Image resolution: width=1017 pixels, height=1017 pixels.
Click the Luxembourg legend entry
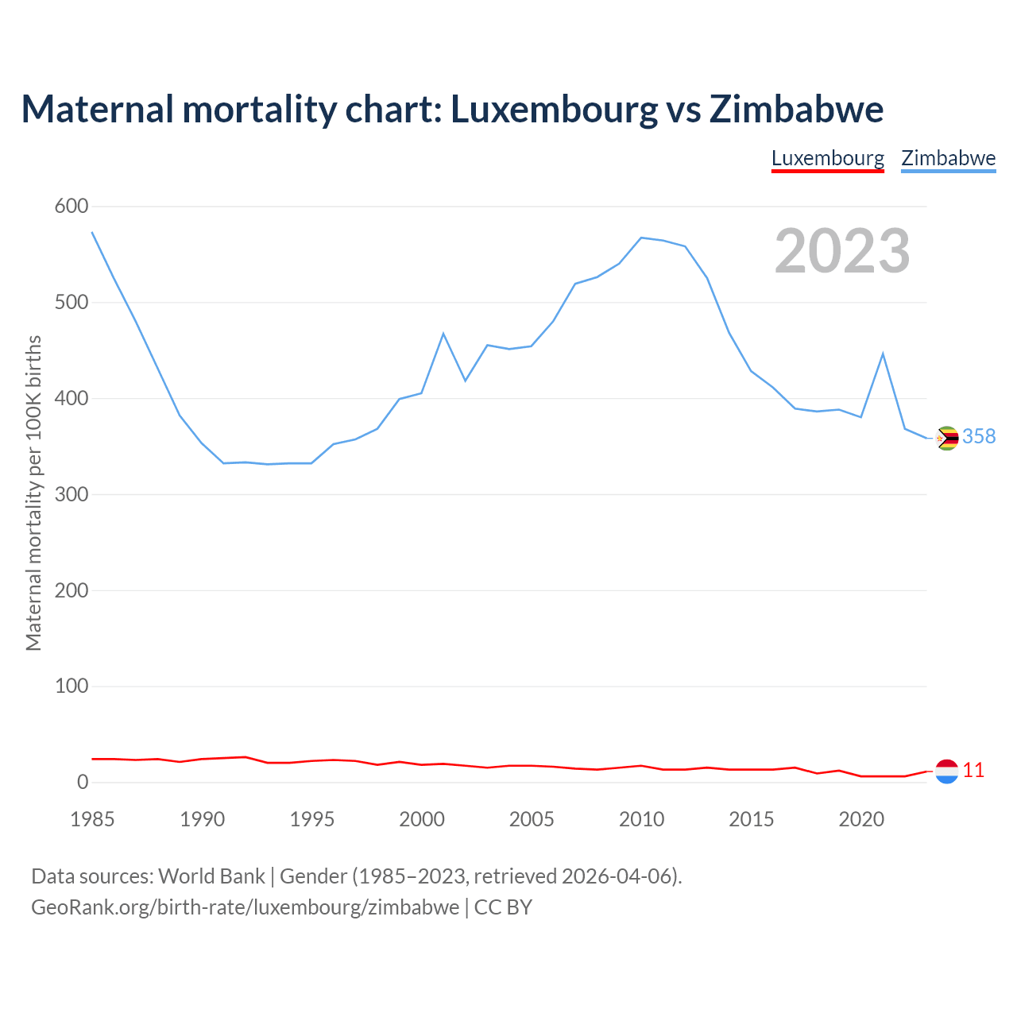pos(827,158)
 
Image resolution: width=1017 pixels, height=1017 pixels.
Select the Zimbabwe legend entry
pos(948,158)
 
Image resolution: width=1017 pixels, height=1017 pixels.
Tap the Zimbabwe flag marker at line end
pos(947,438)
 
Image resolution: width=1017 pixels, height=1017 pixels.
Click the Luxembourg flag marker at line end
pos(947,771)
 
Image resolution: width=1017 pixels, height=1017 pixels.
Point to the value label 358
pos(979,436)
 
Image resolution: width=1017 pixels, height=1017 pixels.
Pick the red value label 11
pos(973,770)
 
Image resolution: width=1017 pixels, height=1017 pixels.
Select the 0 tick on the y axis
pos(83,782)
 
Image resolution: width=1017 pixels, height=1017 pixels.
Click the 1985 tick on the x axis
pos(92,819)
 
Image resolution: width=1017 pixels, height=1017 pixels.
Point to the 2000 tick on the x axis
pos(422,819)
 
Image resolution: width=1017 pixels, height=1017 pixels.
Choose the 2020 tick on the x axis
pos(861,819)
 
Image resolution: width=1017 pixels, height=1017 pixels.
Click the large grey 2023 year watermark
pos(842,251)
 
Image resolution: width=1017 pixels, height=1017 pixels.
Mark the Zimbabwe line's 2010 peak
pos(641,238)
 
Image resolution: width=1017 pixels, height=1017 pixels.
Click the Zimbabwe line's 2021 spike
pos(883,354)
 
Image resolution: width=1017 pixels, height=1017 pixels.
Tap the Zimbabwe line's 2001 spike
pos(443,334)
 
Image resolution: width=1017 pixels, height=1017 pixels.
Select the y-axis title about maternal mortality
pos(33,493)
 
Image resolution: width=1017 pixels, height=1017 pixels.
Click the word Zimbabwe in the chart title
pos(796,109)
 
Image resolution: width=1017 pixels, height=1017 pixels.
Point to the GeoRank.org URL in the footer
pos(245,907)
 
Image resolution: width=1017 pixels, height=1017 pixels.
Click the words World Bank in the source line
pos(211,876)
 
